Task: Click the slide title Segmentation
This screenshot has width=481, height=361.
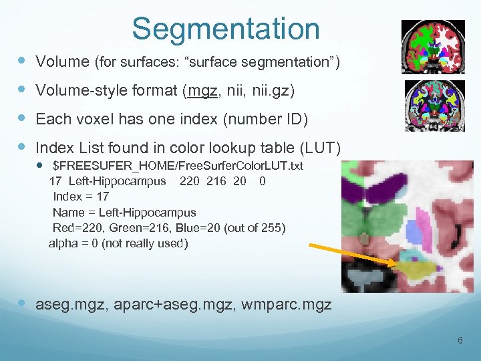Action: (225, 29)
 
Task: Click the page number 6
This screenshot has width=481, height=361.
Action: (460, 341)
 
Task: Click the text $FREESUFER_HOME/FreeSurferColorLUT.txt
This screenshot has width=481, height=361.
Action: (178, 166)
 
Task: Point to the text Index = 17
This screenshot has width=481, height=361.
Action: (80, 197)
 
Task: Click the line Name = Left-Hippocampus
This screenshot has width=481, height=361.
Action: (124, 213)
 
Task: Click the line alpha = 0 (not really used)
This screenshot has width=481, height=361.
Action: (118, 243)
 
